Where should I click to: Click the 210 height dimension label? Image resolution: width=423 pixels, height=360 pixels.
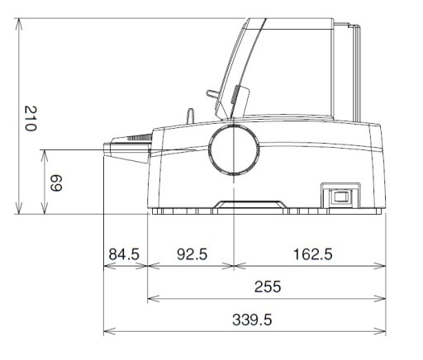(31, 118)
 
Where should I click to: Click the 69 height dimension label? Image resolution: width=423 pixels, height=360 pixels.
(56, 183)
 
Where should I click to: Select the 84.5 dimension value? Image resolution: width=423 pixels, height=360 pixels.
(124, 254)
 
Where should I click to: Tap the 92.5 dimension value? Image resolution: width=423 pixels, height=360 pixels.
(192, 254)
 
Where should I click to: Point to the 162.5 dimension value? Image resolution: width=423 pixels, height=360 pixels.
(313, 254)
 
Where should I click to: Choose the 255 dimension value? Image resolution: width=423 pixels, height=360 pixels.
(268, 287)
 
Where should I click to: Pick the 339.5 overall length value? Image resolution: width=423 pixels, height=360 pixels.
(252, 320)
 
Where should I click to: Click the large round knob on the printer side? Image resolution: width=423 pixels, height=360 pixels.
(234, 150)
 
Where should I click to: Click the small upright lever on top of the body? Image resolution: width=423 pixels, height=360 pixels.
(190, 116)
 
